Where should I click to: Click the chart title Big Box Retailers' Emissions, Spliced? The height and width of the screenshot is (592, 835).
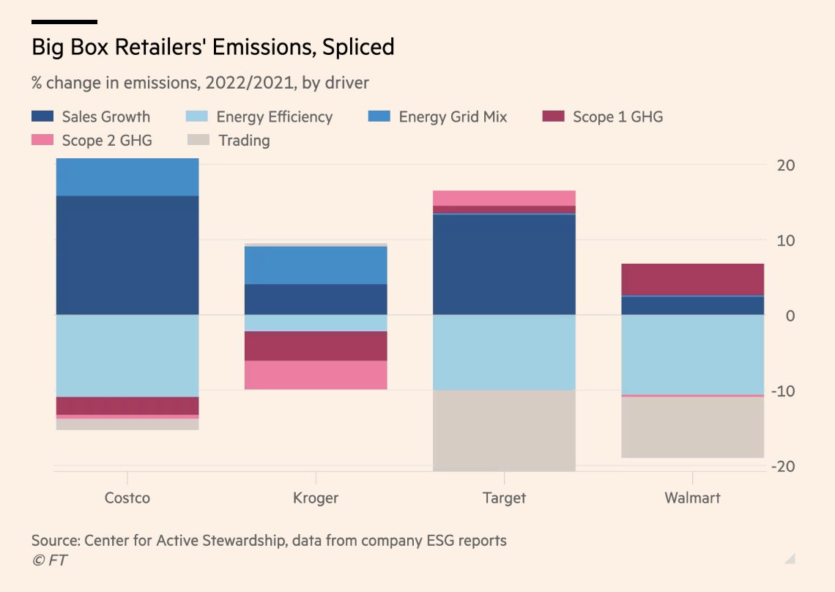point(212,48)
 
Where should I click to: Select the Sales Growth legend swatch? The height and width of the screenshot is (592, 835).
point(42,116)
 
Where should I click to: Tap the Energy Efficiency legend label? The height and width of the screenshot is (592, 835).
point(274,116)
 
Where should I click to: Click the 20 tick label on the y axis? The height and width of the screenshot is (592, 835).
point(785,165)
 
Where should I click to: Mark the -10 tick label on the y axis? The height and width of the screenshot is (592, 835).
point(782,391)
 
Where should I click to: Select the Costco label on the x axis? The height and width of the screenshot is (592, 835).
point(127,498)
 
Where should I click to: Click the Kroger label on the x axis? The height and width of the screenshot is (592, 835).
point(316,498)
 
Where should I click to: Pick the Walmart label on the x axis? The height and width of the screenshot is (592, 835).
point(692,498)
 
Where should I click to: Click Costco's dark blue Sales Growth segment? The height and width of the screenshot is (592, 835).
point(127,255)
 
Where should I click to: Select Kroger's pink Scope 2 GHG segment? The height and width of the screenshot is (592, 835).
point(316,374)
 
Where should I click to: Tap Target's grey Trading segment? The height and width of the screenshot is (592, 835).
point(504,430)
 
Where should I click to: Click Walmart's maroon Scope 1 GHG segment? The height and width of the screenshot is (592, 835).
point(692,279)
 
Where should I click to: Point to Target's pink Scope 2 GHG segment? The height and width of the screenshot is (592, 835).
point(504,198)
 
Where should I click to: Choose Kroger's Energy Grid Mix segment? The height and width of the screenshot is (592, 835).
point(316,265)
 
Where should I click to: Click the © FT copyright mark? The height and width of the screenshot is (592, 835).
point(50,560)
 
